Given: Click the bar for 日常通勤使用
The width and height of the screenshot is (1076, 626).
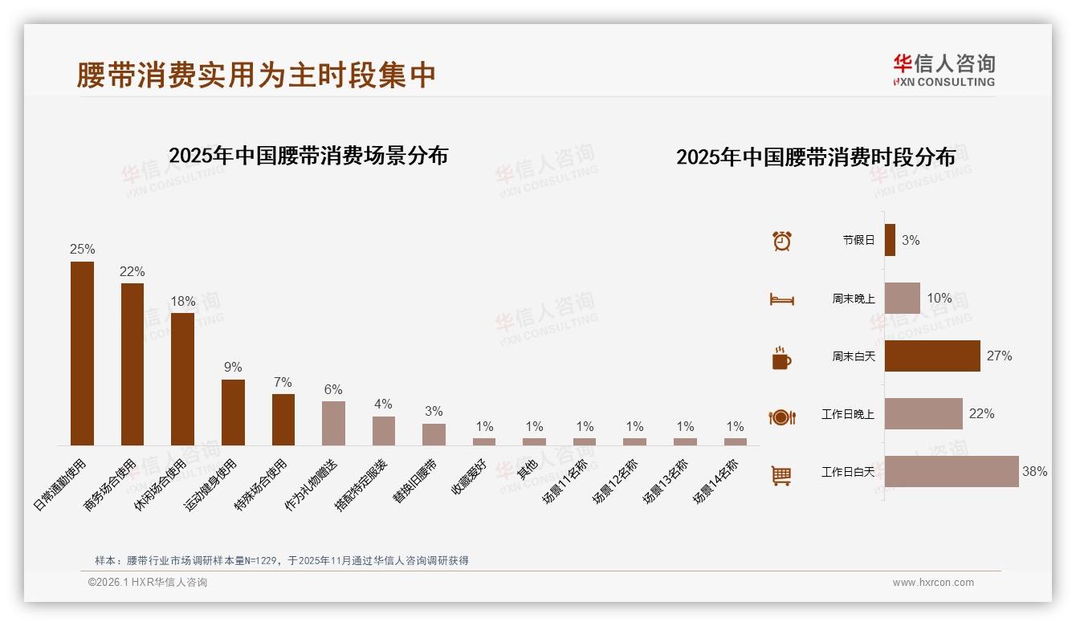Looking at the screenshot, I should click(82, 353).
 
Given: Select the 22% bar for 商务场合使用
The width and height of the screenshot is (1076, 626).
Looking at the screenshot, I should click(132, 364).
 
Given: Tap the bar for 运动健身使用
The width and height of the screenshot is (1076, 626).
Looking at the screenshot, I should click(233, 413).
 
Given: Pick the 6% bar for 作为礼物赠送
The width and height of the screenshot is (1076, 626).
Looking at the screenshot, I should click(333, 423).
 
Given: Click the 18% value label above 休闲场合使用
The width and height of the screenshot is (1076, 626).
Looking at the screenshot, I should click(183, 302).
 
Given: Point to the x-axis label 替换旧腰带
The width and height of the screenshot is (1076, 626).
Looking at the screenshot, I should click(416, 481).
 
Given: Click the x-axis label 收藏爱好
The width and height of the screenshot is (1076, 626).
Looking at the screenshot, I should click(469, 477).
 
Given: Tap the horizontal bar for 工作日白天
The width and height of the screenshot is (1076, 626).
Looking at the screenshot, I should click(952, 472).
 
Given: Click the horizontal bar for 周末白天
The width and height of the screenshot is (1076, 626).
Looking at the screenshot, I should click(932, 356).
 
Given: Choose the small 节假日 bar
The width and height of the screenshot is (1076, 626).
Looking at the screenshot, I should click(890, 240).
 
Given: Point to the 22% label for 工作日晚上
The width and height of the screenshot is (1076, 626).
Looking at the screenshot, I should click(981, 414).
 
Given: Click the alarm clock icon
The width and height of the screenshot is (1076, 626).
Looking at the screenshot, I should click(781, 241).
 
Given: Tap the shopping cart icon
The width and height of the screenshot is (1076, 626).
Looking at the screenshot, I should click(781, 475).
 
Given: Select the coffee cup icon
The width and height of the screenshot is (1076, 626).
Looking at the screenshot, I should click(781, 358).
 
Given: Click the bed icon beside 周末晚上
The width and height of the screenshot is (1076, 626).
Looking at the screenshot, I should click(781, 299).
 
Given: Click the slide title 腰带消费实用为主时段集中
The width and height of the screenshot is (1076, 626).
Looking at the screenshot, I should click(256, 75).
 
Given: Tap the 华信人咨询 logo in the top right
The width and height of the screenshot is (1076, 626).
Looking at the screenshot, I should click(944, 71).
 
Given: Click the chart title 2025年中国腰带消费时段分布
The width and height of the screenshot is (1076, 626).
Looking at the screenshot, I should click(815, 157).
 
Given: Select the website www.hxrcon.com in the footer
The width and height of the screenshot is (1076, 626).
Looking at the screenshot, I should click(933, 583).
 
